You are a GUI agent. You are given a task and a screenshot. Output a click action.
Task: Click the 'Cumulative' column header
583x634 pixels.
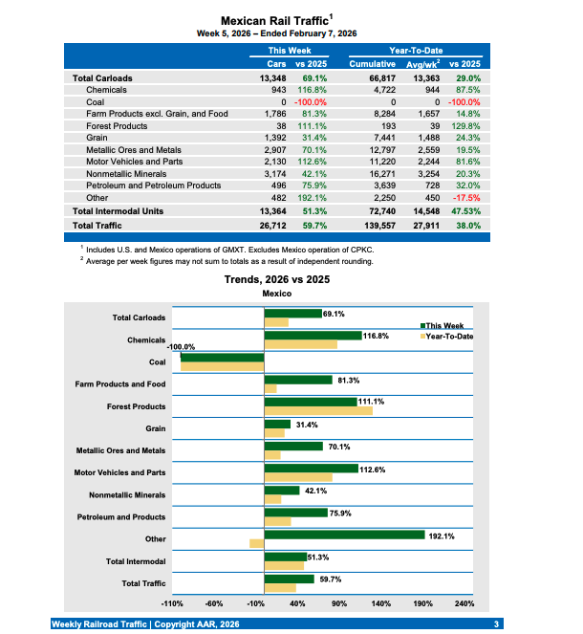pyautogui.click(x=372, y=63)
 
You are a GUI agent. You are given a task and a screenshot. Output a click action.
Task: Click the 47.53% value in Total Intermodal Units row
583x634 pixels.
pyautogui.click(x=464, y=210)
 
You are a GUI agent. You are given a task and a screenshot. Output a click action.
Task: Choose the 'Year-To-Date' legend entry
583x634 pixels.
pyautogui.click(x=446, y=336)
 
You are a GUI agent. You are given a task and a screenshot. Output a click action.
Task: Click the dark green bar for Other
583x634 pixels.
pyautogui.click(x=344, y=535)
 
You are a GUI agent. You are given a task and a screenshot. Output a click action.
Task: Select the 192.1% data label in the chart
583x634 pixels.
pyautogui.click(x=442, y=536)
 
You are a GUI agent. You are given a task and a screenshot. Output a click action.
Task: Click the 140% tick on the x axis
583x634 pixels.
pyautogui.click(x=380, y=603)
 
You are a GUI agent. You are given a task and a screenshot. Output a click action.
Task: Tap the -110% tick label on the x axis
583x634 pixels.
pyautogui.click(x=172, y=603)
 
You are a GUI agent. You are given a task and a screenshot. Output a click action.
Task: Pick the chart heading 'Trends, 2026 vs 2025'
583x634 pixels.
pyautogui.click(x=276, y=279)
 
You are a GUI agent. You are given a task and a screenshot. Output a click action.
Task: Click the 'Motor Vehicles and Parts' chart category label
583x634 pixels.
pyautogui.click(x=119, y=472)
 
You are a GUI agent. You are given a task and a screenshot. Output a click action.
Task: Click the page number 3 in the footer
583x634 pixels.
pyautogui.click(x=496, y=623)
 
